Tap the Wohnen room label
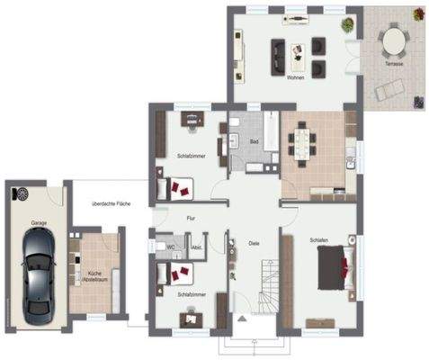click(295, 78)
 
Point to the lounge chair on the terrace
click(389, 90)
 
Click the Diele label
click(255, 241)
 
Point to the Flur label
click(191, 218)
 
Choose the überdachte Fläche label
click(111, 204)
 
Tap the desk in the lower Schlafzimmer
click(191, 315)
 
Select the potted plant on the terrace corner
click(417, 14)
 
